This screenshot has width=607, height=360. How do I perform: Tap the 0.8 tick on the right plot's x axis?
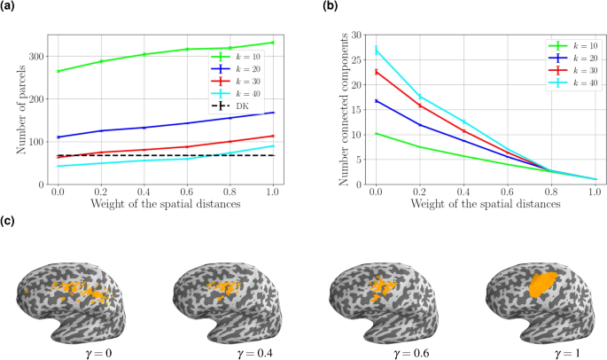coord(550,192)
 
